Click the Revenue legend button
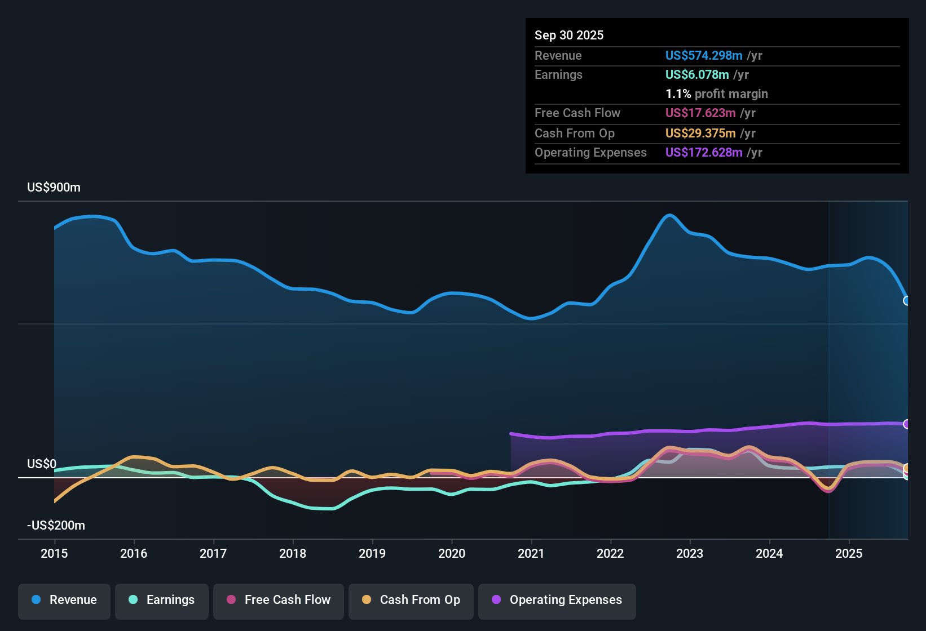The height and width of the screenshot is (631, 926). (x=64, y=600)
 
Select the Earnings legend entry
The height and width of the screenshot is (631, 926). (x=162, y=600)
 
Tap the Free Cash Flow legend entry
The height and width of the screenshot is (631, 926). (x=279, y=600)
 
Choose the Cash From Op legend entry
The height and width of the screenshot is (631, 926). (x=411, y=600)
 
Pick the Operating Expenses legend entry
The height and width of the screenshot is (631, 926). (x=557, y=600)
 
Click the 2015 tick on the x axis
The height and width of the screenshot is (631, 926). (x=54, y=553)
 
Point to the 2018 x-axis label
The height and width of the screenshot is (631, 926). (x=293, y=553)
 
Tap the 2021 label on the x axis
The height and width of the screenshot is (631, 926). (x=531, y=553)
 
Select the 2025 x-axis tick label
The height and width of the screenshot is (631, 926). (x=849, y=553)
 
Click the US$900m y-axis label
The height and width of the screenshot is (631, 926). (x=54, y=188)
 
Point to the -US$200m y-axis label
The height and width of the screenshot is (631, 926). (x=56, y=526)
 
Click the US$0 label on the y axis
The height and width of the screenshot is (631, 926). (x=42, y=464)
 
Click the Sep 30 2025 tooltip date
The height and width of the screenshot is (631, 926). (x=569, y=35)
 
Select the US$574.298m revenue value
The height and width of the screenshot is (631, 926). (x=704, y=56)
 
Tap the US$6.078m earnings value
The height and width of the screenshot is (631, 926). (x=697, y=75)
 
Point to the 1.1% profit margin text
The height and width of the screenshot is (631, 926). (x=717, y=94)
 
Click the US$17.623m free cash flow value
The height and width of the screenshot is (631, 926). (x=700, y=113)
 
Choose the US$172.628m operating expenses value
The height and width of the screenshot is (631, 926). (x=704, y=153)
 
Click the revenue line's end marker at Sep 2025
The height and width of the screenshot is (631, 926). (x=907, y=301)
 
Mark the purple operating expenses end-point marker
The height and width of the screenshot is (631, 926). (x=907, y=424)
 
